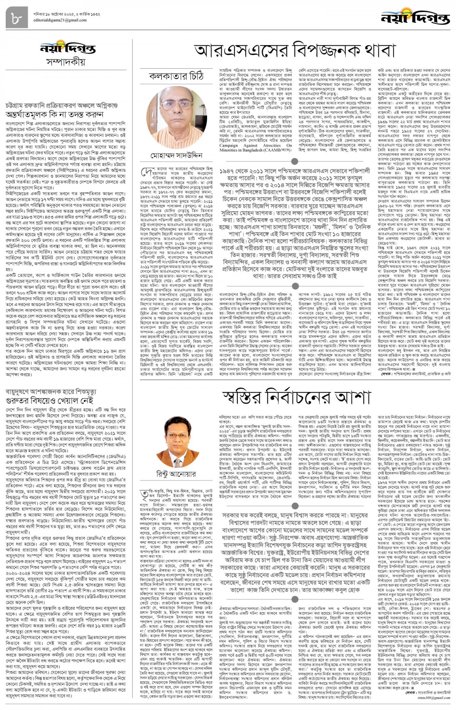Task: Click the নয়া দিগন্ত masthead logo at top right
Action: (416, 17)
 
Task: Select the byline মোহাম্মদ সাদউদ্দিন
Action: (176, 155)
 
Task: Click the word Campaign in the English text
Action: (229, 145)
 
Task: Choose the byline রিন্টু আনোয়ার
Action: (176, 474)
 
